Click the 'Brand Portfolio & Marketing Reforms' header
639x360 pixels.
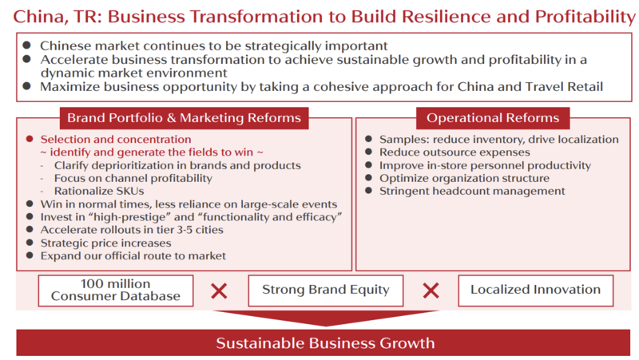coord(185,118)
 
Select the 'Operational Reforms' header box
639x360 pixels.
coord(493,118)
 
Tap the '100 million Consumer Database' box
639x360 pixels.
coord(116,291)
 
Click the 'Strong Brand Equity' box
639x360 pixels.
coord(326,291)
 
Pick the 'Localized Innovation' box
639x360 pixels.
coord(535,291)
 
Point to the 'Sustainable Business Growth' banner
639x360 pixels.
coord(323,343)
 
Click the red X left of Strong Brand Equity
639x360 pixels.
coord(219,291)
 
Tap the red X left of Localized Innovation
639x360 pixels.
coord(431,291)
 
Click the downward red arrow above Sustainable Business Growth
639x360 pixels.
coord(326,318)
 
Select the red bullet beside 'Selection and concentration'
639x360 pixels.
coord(30,139)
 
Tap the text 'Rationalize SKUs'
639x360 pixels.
coord(99,191)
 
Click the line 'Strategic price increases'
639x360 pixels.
coord(105,243)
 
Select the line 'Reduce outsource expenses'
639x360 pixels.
coord(454,152)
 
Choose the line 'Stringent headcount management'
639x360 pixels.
coord(472,191)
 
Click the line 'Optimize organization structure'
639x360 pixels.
coord(464,178)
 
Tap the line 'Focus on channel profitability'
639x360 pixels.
coord(133,178)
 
